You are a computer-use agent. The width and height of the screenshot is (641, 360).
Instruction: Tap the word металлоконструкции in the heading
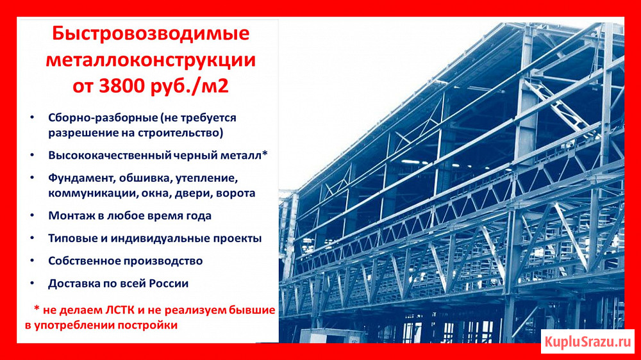(x=151, y=60)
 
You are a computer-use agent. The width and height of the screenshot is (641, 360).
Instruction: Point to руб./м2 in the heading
(x=189, y=86)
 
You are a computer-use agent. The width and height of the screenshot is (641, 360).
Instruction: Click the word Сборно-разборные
(x=103, y=118)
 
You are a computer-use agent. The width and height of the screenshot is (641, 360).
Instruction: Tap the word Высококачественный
(x=110, y=155)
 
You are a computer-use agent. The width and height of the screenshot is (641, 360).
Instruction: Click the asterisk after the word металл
(x=265, y=153)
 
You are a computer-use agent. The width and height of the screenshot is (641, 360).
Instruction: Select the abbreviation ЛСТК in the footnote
(x=120, y=310)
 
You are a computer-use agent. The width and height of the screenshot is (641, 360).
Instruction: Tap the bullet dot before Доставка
(x=32, y=282)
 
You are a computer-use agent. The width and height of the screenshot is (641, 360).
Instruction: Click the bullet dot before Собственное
(x=32, y=260)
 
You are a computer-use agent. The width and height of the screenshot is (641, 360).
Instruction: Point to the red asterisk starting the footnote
(x=37, y=309)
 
